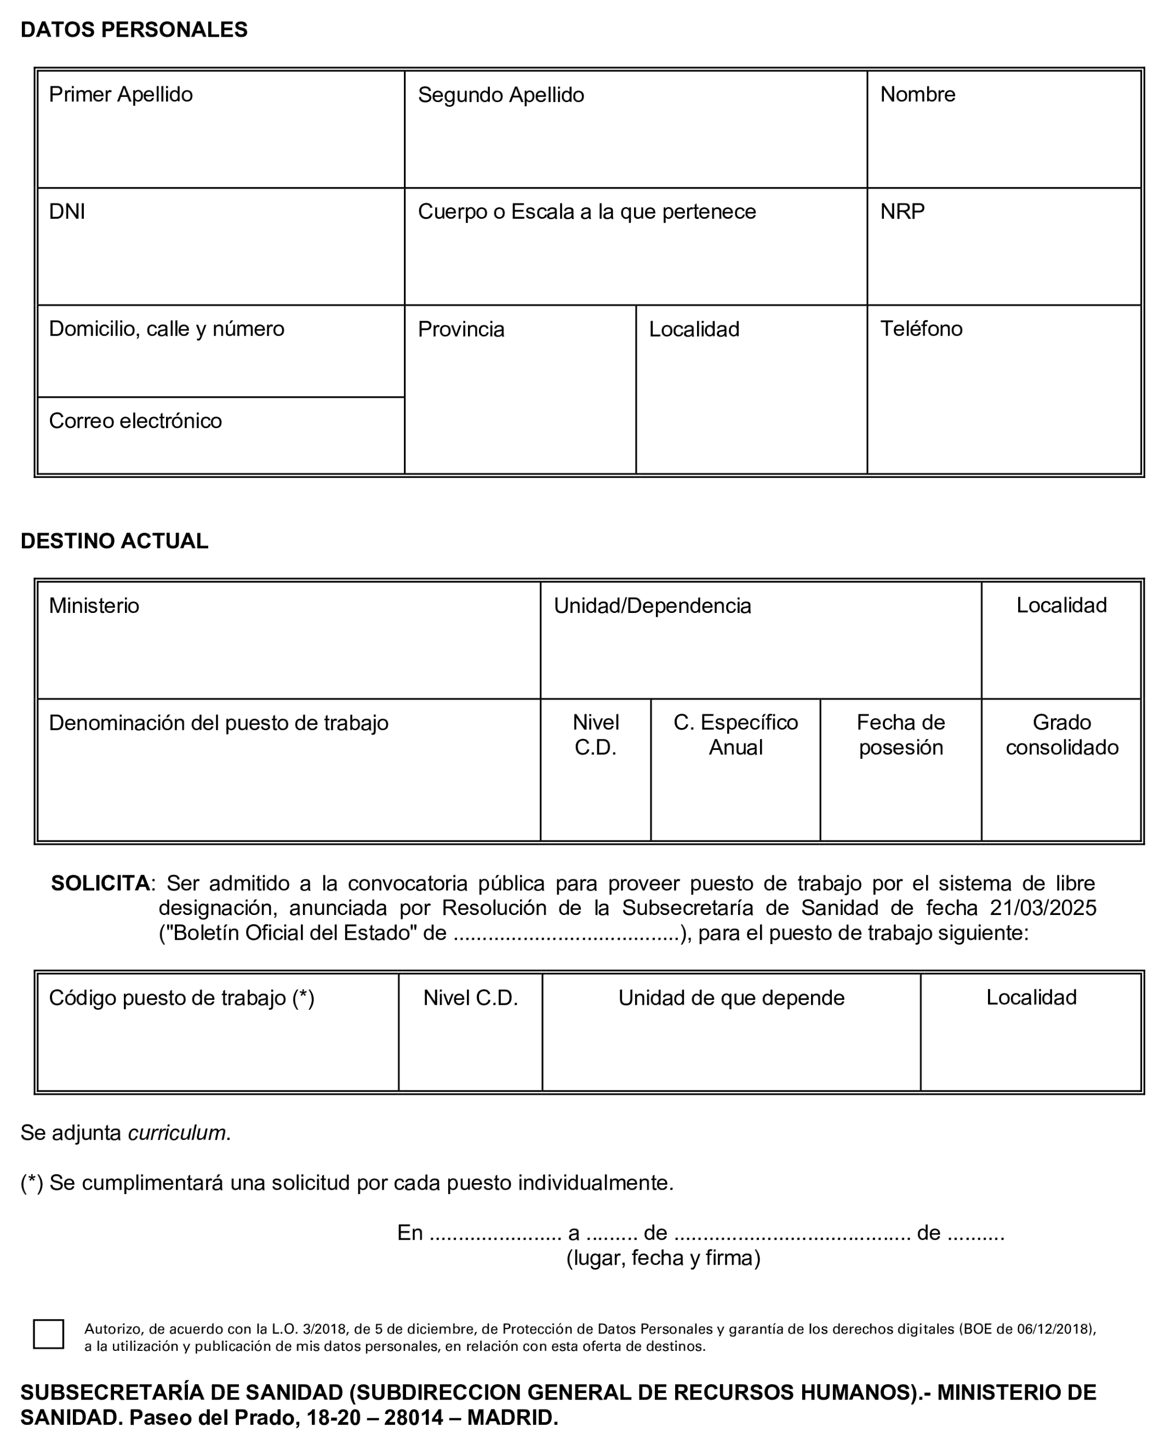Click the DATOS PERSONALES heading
pos(134,30)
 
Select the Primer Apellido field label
pos(121,94)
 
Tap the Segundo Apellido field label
pos(500,95)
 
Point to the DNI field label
pos(67,212)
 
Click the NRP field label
pos(902,212)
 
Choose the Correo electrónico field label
pos(135,421)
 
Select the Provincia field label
pos(461,329)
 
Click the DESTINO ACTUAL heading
pos(114,541)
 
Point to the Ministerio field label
pos(94,605)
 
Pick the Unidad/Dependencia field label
pos(652,606)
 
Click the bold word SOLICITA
pos(100,883)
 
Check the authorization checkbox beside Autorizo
pos(49,1334)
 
